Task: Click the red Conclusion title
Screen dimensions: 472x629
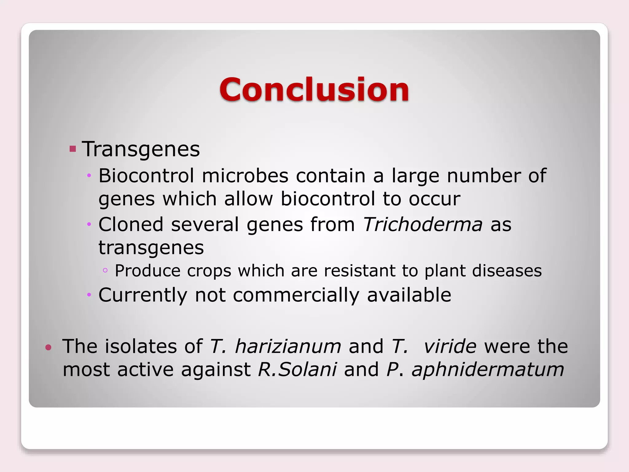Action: click(x=314, y=89)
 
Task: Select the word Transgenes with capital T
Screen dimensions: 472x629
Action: click(x=141, y=149)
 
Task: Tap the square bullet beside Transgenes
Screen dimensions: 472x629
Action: click(x=73, y=149)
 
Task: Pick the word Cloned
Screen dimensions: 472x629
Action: click(x=131, y=224)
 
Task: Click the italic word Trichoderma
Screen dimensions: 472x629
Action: click(x=423, y=224)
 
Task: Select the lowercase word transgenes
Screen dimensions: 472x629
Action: click(x=151, y=248)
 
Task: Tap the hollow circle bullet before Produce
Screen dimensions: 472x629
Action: click(x=105, y=270)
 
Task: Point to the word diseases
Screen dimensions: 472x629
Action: click(x=507, y=271)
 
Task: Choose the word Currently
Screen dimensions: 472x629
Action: click(x=143, y=295)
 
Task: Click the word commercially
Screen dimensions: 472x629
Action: click(x=296, y=295)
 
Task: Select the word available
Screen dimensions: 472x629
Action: click(x=409, y=295)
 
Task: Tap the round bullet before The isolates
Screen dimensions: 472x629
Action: click(x=48, y=348)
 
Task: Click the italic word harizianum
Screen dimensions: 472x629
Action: click(x=288, y=346)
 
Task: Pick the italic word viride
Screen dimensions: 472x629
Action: click(x=450, y=346)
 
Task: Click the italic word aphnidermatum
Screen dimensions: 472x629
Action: click(x=488, y=370)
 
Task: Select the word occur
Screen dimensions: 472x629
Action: click(x=434, y=199)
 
